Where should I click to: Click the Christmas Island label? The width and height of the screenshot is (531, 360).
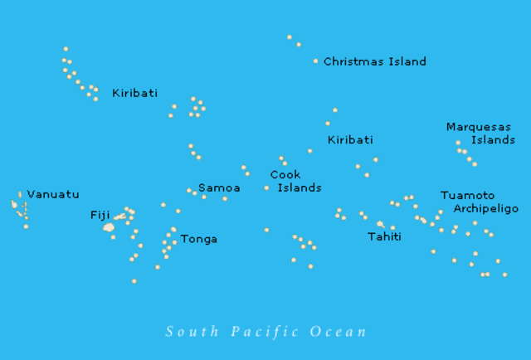pyautogui.click(x=374, y=61)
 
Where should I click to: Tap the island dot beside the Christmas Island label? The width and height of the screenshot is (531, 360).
pyautogui.click(x=315, y=61)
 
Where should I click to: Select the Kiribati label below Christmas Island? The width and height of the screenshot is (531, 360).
pyautogui.click(x=350, y=140)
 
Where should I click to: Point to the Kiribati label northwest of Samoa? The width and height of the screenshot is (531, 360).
pyautogui.click(x=134, y=94)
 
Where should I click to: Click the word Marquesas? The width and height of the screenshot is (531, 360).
pyautogui.click(x=479, y=127)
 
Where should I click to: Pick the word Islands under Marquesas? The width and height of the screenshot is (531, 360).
pyautogui.click(x=493, y=140)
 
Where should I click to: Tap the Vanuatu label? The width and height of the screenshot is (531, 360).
pyautogui.click(x=53, y=195)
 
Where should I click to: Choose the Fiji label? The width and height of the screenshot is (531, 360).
pyautogui.click(x=100, y=215)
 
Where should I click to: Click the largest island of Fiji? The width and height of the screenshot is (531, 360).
pyautogui.click(x=108, y=226)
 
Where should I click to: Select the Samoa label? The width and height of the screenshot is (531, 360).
pyautogui.click(x=219, y=188)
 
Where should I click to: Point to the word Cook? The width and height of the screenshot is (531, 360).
pyautogui.click(x=285, y=175)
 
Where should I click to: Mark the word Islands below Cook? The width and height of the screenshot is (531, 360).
pyautogui.click(x=299, y=188)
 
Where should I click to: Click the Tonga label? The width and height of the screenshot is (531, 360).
pyautogui.click(x=199, y=239)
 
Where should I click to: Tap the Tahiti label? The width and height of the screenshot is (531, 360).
pyautogui.click(x=384, y=237)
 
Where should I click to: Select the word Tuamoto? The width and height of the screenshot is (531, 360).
pyautogui.click(x=467, y=196)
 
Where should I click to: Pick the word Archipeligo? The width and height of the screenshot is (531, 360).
pyautogui.click(x=485, y=209)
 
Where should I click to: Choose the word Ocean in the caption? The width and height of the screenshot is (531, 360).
pyautogui.click(x=338, y=332)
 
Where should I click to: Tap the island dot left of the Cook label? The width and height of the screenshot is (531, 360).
pyautogui.click(x=266, y=187)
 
